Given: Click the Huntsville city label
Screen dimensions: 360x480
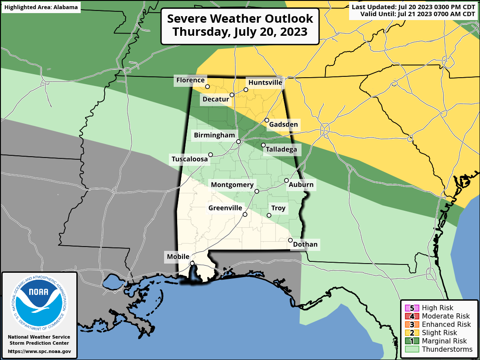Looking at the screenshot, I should pyautogui.click(x=265, y=82).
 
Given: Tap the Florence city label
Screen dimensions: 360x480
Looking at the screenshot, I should pyautogui.click(x=190, y=80).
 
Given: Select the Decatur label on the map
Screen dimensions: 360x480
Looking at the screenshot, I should pyautogui.click(x=216, y=99).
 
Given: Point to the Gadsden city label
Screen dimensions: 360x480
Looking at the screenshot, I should pyautogui.click(x=283, y=125).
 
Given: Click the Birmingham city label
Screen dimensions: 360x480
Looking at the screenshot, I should pyautogui.click(x=214, y=135).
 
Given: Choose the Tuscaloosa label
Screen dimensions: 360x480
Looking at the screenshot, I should pyautogui.click(x=189, y=159).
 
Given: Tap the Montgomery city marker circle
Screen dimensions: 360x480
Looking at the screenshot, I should pyautogui.click(x=257, y=191).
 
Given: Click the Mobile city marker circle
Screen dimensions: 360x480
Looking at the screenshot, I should pyautogui.click(x=192, y=263).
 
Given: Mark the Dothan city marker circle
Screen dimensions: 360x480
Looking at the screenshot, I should pyautogui.click(x=290, y=240).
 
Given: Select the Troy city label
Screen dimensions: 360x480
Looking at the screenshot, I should pyautogui.click(x=278, y=208).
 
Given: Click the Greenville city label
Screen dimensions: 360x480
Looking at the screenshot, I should pyautogui.click(x=225, y=208).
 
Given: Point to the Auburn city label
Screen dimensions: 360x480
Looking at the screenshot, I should pyautogui.click(x=301, y=185).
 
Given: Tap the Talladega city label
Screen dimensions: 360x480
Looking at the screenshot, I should pyautogui.click(x=281, y=150).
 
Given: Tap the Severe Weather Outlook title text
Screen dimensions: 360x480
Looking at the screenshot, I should pyautogui.click(x=240, y=19).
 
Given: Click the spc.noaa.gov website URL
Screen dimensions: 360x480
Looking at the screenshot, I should pyautogui.click(x=39, y=351).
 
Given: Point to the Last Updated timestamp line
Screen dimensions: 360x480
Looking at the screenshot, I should pyautogui.click(x=413, y=7).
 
